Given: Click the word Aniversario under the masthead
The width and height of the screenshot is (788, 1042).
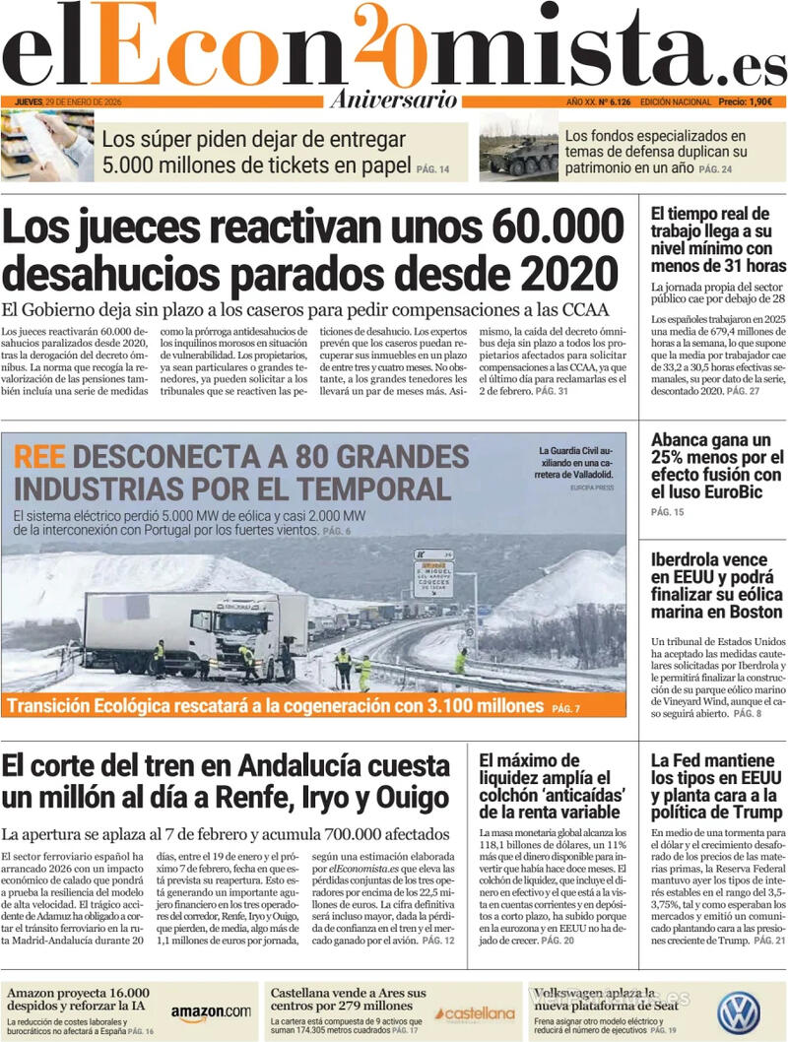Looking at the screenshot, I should [x=394, y=100].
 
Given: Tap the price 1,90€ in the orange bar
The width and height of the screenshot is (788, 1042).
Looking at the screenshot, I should [x=759, y=101].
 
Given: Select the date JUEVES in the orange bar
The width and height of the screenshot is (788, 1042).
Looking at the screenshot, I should [x=34, y=101].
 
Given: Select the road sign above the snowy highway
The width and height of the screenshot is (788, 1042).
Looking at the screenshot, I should [x=433, y=573].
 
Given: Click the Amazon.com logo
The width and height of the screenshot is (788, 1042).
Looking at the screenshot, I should [x=210, y=1011].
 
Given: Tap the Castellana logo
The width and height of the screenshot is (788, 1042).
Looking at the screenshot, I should [x=477, y=1013].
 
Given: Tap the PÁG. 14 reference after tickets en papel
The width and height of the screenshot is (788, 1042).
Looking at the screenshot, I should [x=432, y=170].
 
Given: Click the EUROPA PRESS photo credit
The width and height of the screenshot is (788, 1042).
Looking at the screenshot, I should [x=591, y=488].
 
